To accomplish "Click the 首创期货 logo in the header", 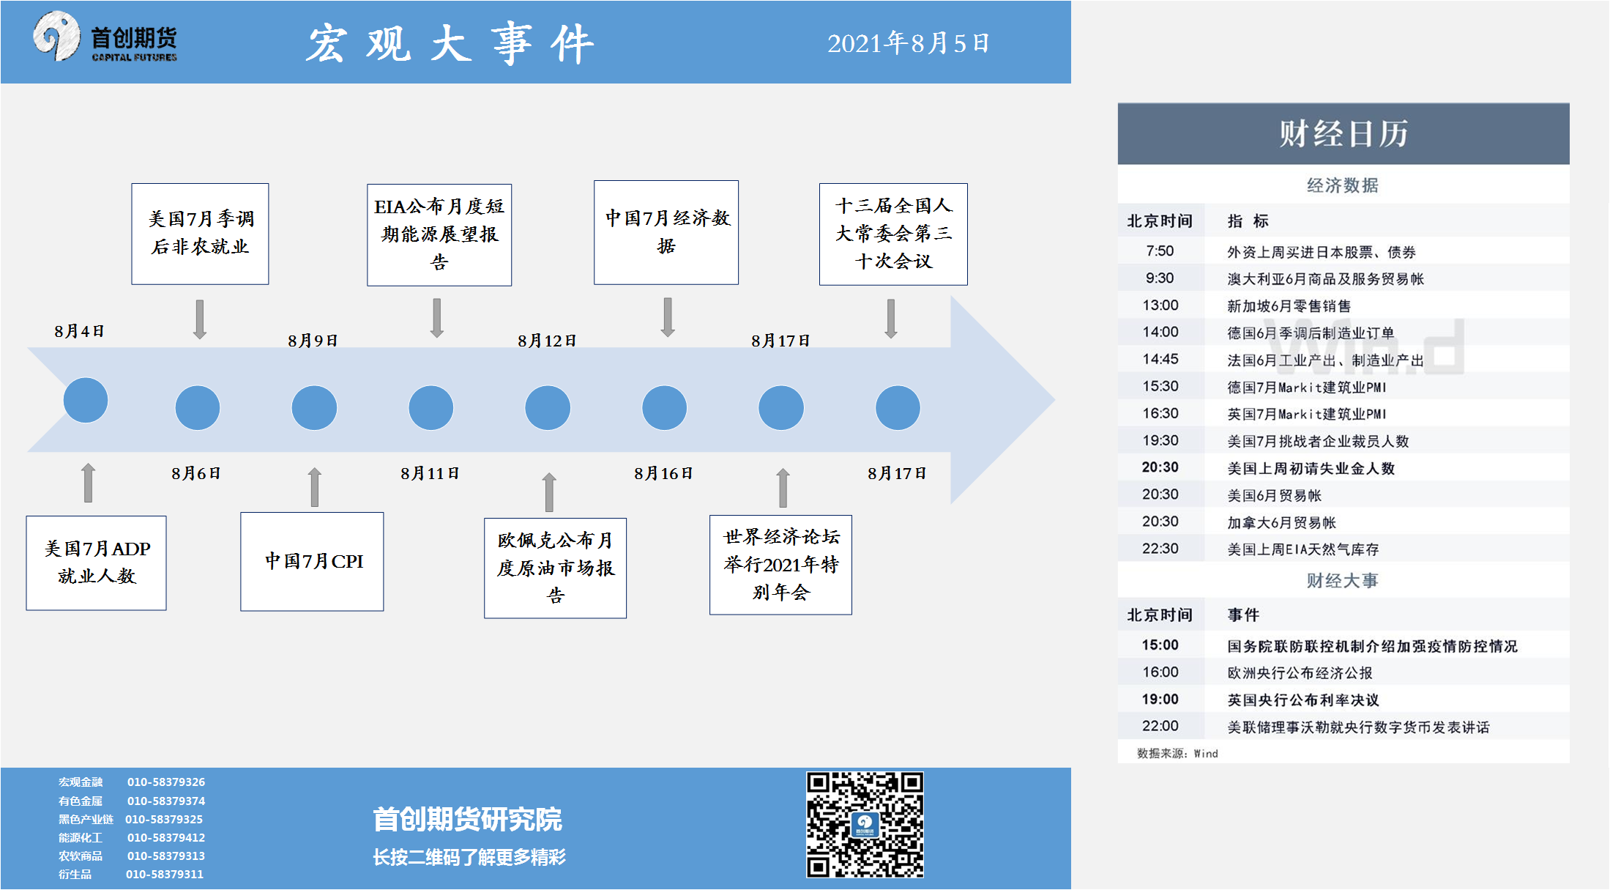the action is point(105,37).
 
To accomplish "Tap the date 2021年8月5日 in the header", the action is point(909,43).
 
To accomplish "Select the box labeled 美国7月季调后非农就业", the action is point(200,234).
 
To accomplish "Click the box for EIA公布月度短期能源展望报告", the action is point(439,234).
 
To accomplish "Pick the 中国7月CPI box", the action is point(312,561).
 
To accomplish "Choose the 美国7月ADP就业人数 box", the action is point(97,563).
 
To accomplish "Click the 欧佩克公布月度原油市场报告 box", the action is point(555,568).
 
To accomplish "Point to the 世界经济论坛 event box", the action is point(780,565).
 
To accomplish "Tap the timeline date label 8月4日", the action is point(79,331).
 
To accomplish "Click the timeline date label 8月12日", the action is point(547,341).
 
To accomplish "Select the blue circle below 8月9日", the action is point(314,407).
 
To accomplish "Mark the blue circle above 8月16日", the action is point(664,407).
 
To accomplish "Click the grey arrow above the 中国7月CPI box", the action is point(315,487).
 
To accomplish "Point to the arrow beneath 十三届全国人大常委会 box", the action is point(891,319).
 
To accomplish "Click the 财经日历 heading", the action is point(1343,134).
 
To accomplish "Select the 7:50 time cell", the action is point(1160,251).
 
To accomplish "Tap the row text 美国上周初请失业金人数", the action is point(1311,468).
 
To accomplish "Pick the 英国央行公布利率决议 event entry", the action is point(1303,700).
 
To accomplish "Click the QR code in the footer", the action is point(865,824).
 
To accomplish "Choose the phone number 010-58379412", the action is point(166,837).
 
